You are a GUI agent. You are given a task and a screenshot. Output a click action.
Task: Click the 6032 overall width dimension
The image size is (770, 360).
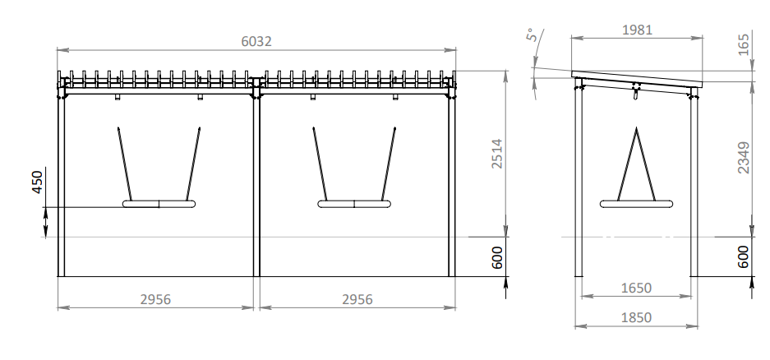click(256, 41)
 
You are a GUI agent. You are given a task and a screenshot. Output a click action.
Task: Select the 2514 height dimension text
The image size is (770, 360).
click(497, 154)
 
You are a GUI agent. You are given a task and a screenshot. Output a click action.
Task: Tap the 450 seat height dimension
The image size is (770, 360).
click(37, 182)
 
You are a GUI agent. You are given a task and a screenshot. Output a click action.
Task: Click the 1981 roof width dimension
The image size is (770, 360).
click(637, 30)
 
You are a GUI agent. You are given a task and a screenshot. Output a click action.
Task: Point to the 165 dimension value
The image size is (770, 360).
click(744, 44)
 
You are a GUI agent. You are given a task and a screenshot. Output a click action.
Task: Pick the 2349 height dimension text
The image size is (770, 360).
click(744, 157)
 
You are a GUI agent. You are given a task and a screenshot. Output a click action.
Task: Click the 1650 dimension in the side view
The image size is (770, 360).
click(636, 288)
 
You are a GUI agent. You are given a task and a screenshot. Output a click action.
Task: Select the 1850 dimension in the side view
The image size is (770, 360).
click(636, 318)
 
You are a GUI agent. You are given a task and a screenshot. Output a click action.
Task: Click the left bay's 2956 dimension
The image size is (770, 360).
click(155, 299)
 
